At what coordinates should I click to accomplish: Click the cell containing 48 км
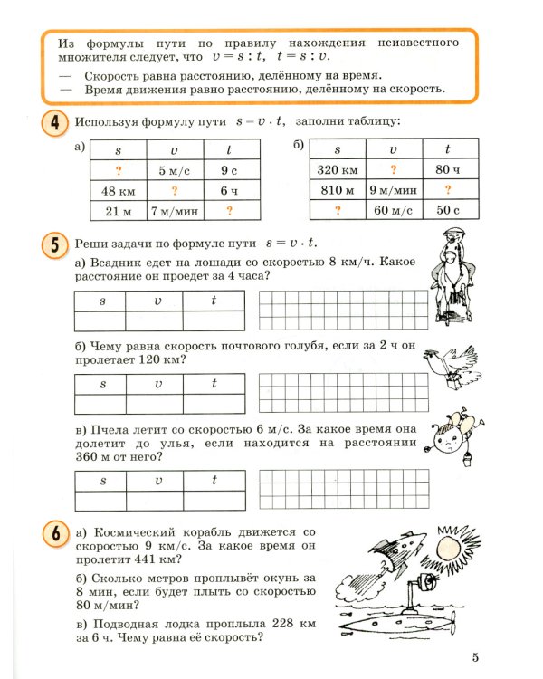tap(119, 191)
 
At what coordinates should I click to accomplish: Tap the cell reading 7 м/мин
tap(174, 212)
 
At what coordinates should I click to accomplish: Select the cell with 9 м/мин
tap(393, 191)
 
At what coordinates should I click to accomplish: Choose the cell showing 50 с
tap(447, 212)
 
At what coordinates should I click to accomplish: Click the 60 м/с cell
tap(393, 212)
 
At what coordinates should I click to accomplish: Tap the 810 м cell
tap(338, 191)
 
